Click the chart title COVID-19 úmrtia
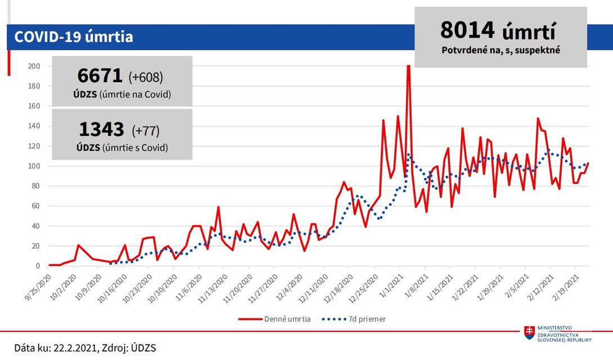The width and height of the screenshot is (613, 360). (x=73, y=37)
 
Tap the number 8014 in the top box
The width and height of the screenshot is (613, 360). (x=467, y=30)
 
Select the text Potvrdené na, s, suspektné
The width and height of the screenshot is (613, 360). (x=501, y=50)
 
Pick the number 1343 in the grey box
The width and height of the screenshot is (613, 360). (x=102, y=129)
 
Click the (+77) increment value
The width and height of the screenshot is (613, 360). (x=146, y=130)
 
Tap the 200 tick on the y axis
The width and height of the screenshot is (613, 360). (x=34, y=66)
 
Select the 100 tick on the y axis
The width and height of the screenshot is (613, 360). (x=34, y=166)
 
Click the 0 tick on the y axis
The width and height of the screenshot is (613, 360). (x=38, y=266)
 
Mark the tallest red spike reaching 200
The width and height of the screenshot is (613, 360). (x=408, y=67)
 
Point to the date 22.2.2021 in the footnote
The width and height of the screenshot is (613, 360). (x=75, y=348)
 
